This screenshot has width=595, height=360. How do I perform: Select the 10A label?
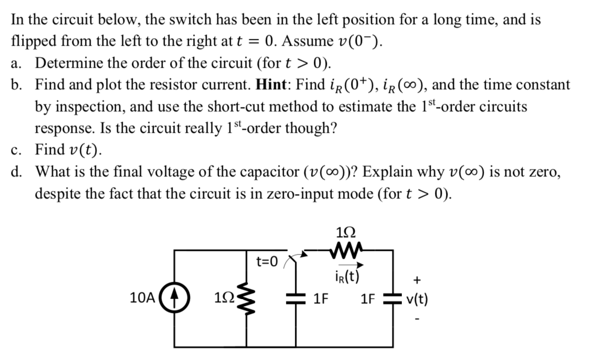click(142, 299)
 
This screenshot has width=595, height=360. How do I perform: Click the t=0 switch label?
click(267, 261)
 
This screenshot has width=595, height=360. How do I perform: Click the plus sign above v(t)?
click(416, 280)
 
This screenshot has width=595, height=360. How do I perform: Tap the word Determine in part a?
click(66, 63)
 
